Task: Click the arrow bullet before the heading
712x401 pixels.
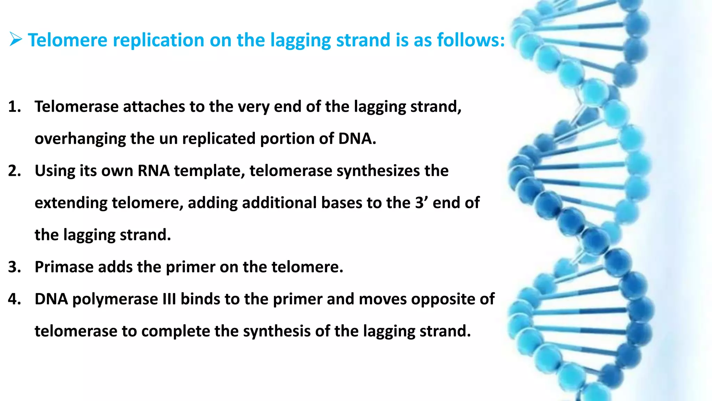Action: click(16, 39)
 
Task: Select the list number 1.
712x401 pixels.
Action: click(14, 107)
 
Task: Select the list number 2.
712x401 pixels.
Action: click(14, 171)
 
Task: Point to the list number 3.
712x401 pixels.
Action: click(14, 267)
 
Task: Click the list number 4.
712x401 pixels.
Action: click(14, 299)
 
